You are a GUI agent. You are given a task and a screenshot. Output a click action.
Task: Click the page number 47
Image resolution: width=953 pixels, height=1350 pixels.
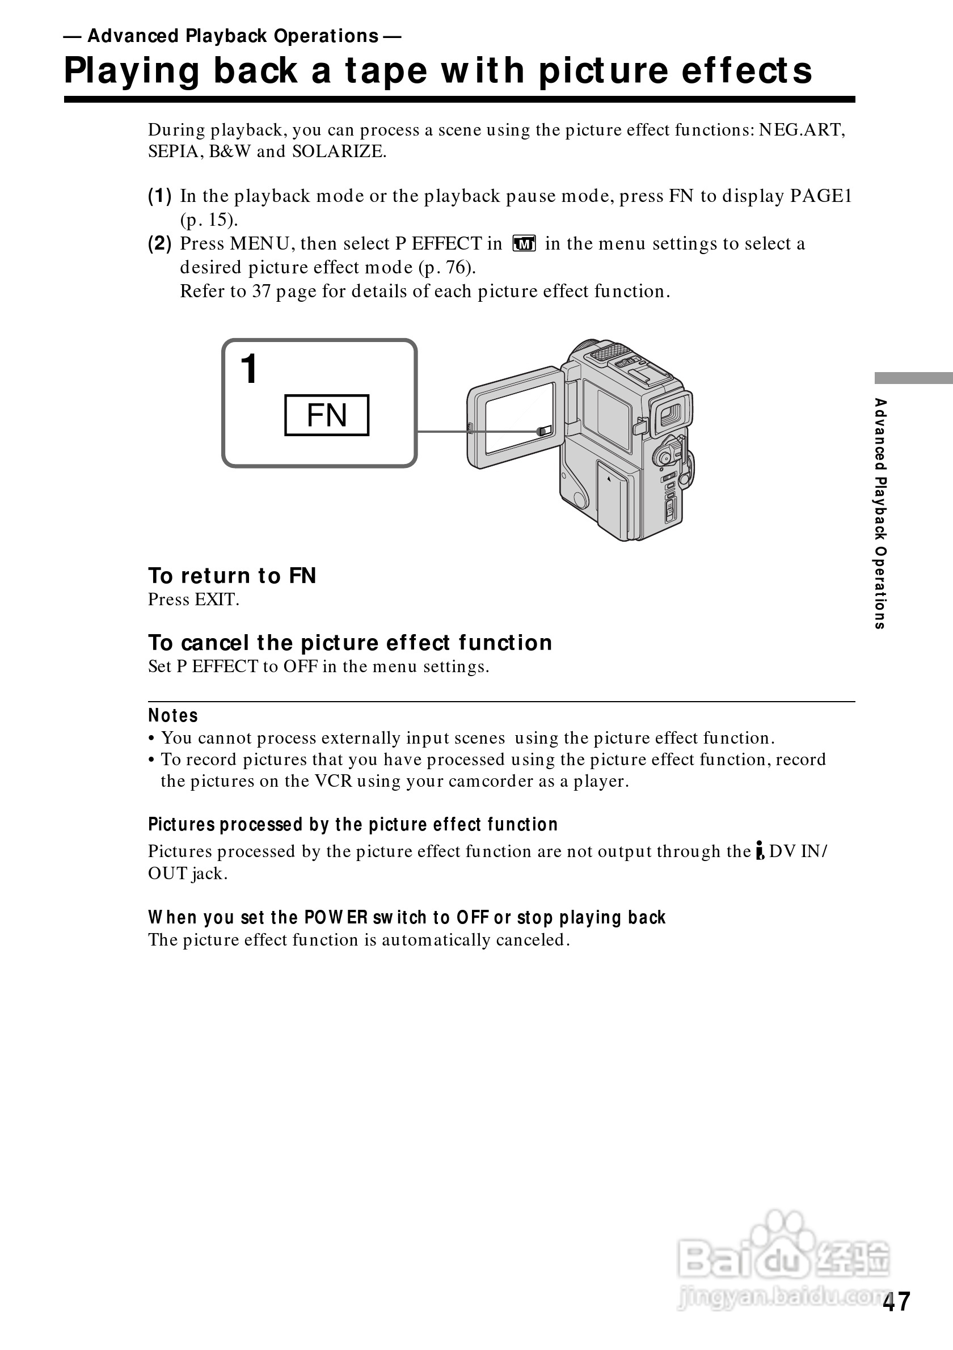(895, 1302)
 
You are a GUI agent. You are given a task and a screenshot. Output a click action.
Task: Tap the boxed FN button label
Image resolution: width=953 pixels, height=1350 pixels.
(326, 415)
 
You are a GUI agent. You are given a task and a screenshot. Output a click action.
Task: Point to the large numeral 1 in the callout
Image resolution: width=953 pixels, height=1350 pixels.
(250, 369)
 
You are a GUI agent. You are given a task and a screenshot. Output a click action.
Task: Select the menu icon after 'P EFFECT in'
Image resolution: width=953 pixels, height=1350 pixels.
(523, 243)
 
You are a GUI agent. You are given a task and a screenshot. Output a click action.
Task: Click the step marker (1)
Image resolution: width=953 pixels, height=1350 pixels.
(159, 196)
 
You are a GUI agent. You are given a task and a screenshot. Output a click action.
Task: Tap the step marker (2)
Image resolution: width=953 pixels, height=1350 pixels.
(159, 243)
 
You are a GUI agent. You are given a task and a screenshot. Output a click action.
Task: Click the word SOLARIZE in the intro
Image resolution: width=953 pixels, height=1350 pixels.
(339, 151)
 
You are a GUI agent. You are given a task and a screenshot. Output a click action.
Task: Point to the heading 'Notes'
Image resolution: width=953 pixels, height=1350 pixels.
(173, 716)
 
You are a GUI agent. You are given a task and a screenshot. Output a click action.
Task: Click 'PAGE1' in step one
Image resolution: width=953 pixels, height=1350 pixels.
(821, 196)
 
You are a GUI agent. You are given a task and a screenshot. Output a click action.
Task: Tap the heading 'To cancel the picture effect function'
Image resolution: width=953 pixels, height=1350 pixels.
(350, 643)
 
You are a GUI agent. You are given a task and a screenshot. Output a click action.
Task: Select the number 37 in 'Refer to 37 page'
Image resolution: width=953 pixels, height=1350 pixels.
(261, 292)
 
